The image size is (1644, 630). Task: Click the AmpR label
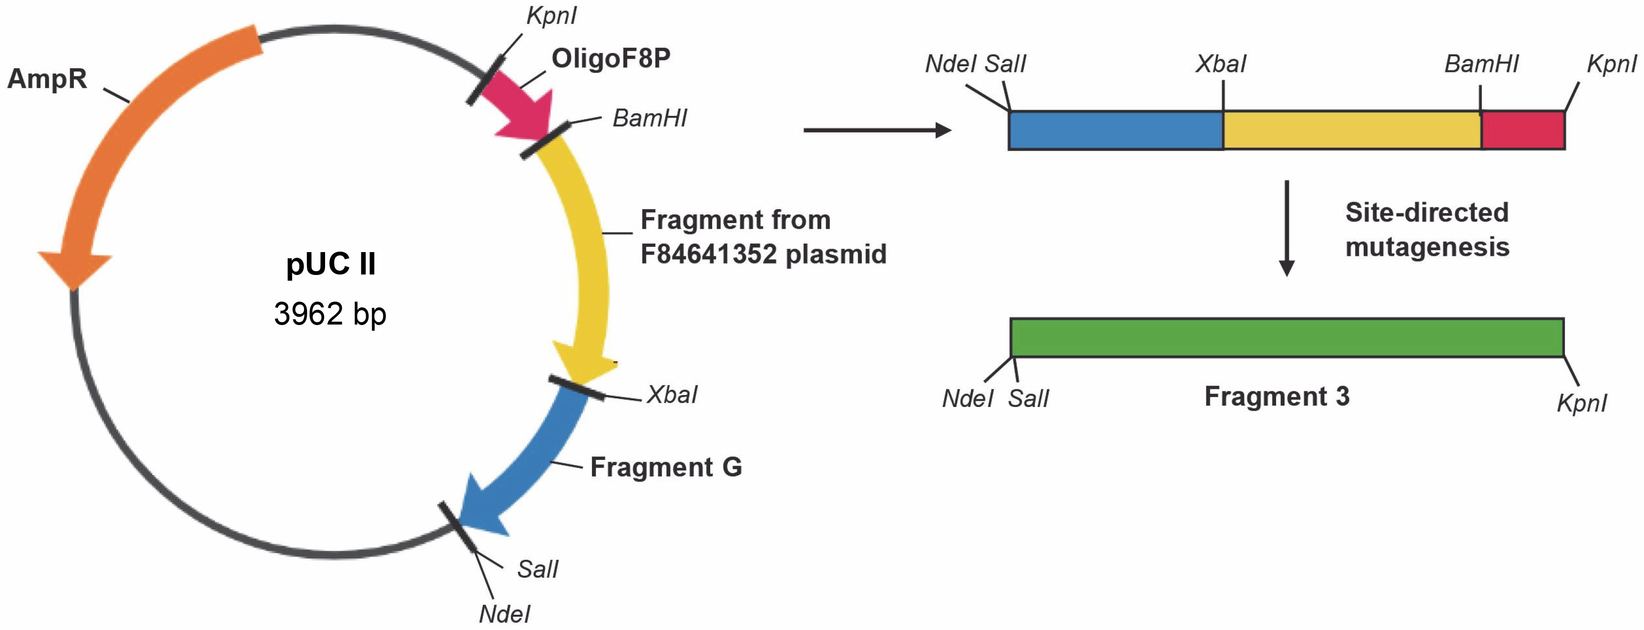pyautogui.click(x=47, y=79)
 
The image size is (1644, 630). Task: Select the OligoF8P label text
pyautogui.click(x=611, y=59)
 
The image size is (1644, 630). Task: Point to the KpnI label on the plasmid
pyautogui.click(x=551, y=16)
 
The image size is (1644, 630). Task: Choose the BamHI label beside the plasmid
pyautogui.click(x=650, y=119)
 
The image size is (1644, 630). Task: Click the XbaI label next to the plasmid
pyautogui.click(x=672, y=395)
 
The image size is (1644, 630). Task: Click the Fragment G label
pyautogui.click(x=665, y=467)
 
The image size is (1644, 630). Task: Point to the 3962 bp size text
pyautogui.click(x=330, y=314)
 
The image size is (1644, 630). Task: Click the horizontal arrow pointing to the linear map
pyautogui.click(x=877, y=130)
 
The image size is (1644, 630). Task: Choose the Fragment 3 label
pyautogui.click(x=1276, y=397)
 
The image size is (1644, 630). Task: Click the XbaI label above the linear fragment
pyautogui.click(x=1220, y=64)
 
